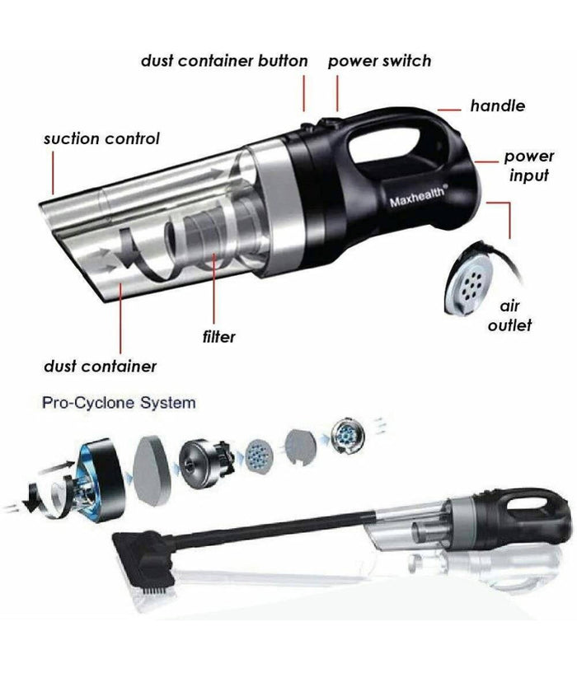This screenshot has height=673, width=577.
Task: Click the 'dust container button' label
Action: click(224, 61)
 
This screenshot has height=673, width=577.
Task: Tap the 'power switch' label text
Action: click(379, 61)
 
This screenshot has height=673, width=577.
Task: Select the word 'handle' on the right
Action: click(497, 105)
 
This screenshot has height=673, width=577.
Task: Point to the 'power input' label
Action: click(528, 165)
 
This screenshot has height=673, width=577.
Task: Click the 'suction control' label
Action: click(101, 138)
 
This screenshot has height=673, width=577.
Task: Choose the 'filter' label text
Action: click(218, 336)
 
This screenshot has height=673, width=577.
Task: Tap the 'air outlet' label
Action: click(509, 315)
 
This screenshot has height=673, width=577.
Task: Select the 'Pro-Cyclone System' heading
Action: click(119, 404)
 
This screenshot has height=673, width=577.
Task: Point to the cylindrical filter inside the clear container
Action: click(198, 233)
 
